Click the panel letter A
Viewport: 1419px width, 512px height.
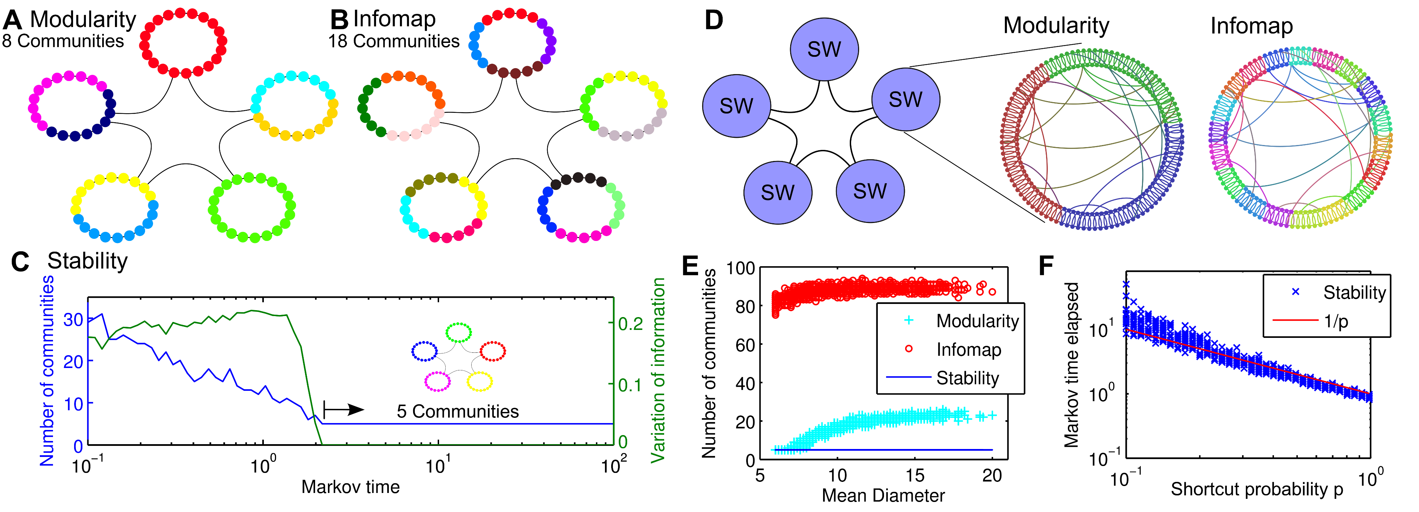point(12,20)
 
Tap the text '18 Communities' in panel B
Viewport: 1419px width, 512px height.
point(393,41)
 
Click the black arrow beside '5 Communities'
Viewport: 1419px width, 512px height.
point(344,410)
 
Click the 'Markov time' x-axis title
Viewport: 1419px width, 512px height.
point(350,487)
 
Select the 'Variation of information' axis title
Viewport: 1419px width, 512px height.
point(658,370)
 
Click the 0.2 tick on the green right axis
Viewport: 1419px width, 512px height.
point(630,323)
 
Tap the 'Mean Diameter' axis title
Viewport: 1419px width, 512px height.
point(883,495)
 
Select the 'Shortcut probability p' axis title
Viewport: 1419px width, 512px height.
point(1257,489)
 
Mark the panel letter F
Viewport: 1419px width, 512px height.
point(1045,267)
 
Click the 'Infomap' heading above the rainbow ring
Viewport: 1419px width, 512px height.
point(1251,26)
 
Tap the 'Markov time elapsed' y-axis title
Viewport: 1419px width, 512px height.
point(1071,365)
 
